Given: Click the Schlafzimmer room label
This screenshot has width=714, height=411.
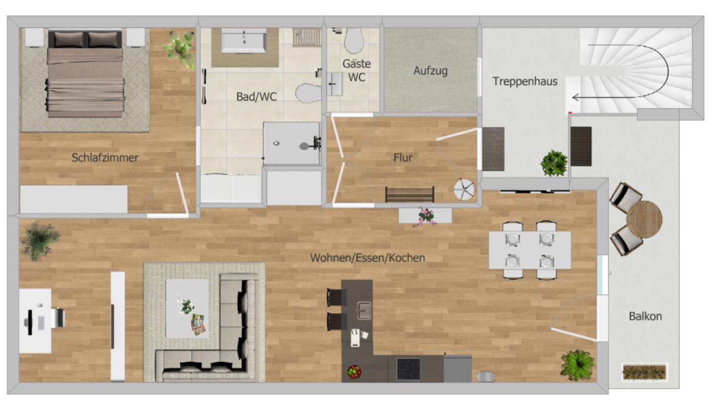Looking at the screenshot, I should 105,158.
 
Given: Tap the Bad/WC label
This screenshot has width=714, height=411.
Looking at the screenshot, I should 256,97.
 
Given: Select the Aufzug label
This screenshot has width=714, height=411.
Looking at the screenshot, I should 430,71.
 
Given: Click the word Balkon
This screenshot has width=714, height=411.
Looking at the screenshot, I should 645,316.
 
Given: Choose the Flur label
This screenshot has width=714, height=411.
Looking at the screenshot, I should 402,158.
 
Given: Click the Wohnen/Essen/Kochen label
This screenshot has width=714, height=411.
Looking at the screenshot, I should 367,257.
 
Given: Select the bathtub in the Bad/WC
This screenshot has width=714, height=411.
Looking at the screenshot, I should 243,41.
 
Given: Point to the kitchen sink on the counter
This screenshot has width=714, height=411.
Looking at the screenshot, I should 364,310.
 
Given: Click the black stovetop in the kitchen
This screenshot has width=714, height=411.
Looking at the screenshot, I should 408,369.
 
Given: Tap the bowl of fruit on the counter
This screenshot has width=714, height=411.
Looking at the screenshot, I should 354,371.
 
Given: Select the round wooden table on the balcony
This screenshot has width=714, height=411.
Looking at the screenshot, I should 644,219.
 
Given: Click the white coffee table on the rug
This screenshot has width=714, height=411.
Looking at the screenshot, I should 187,308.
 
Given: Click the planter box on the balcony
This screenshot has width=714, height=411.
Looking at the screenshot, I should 644,371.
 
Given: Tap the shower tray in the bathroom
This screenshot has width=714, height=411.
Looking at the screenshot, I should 291,144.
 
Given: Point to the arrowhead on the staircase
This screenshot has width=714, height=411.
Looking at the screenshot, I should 575,98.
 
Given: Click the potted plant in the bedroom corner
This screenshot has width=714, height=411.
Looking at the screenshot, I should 179,49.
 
